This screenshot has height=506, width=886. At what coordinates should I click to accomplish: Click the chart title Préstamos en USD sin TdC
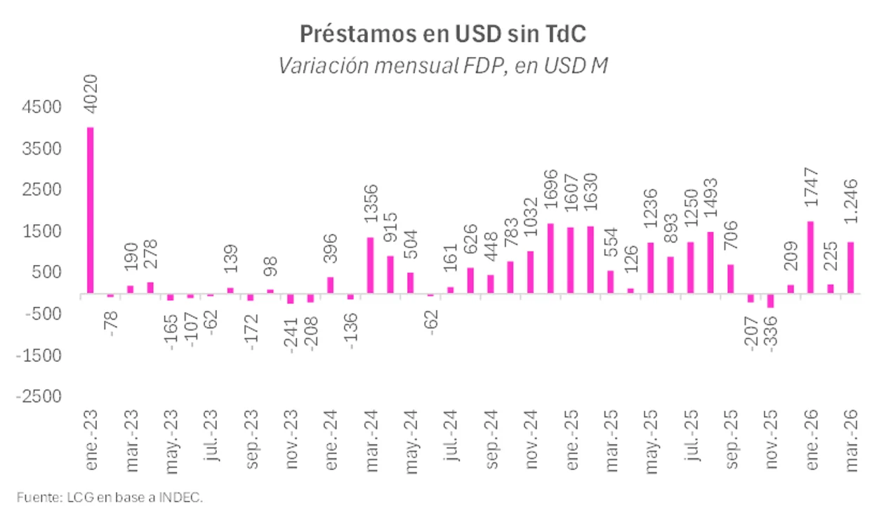click(x=442, y=34)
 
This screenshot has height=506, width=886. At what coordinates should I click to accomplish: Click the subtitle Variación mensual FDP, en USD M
click(x=442, y=65)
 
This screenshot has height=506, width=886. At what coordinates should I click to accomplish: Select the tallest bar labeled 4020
click(x=90, y=210)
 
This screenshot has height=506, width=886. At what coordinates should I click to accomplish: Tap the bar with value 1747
click(x=810, y=257)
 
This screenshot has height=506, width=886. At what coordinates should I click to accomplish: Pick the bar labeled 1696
click(x=550, y=258)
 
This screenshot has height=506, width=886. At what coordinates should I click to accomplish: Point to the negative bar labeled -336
click(x=770, y=301)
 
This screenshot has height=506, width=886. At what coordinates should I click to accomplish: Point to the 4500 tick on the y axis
click(x=41, y=108)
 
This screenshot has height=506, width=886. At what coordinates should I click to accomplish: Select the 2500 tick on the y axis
click(x=41, y=190)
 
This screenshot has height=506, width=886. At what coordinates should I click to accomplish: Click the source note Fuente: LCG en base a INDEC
click(x=110, y=497)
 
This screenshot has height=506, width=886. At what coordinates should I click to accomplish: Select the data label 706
click(x=730, y=243)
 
